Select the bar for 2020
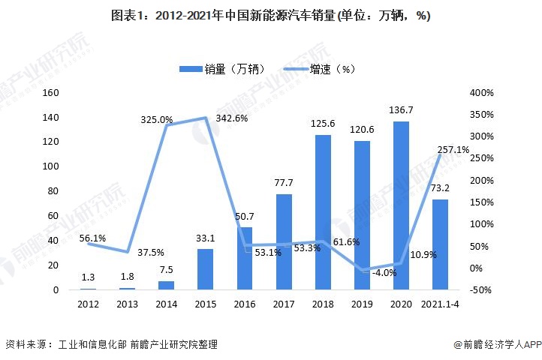(x=401, y=205)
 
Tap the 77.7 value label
(x=284, y=184)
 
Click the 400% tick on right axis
(x=480, y=93)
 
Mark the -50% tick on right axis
(x=480, y=290)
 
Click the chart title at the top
(x=270, y=16)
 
